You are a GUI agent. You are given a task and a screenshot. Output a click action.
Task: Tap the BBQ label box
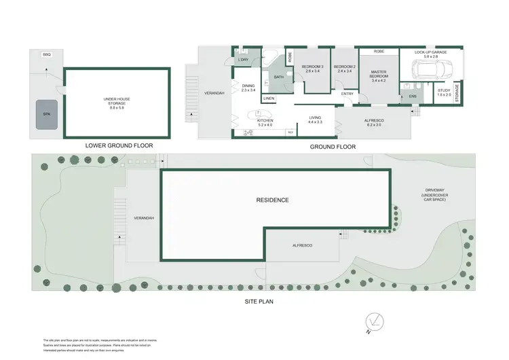click(46, 54)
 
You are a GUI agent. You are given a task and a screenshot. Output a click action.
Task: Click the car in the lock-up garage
click(429, 69)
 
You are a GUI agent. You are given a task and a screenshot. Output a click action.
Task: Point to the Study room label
click(444, 92)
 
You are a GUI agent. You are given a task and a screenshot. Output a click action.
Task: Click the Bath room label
click(278, 77)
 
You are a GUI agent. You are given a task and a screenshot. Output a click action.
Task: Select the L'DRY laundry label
click(244, 60)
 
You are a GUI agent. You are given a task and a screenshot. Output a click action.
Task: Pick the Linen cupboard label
click(269, 98)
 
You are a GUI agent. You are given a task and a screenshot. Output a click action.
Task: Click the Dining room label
click(248, 87)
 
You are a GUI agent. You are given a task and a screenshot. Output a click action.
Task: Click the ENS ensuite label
click(413, 97)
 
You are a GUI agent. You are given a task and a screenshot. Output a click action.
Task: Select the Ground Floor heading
click(333, 147)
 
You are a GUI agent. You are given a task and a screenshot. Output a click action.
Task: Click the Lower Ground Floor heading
click(119, 145)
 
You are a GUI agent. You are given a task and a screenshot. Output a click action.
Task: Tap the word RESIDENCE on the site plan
click(272, 200)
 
